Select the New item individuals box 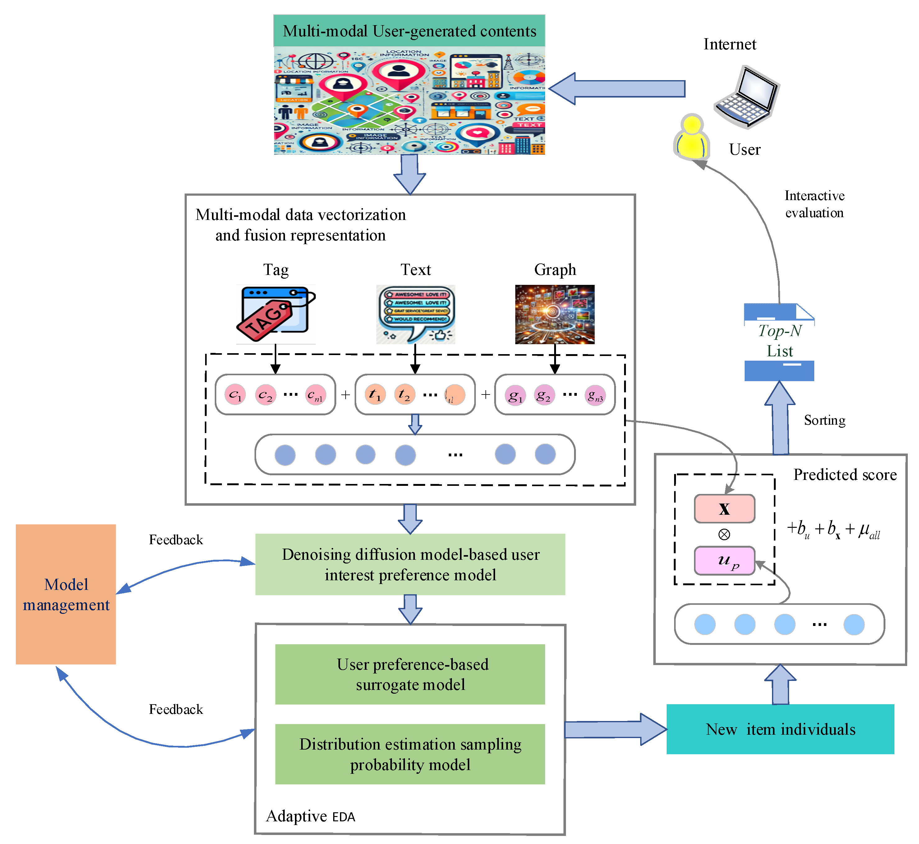click(780, 729)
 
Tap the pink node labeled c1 click(235, 395)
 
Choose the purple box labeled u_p click(724, 561)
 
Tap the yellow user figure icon click(692, 138)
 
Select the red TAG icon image click(276, 314)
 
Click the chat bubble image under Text click(416, 314)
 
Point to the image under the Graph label click(555, 314)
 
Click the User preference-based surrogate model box click(410, 674)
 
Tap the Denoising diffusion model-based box click(410, 564)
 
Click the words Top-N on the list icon click(780, 331)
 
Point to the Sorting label click(825, 420)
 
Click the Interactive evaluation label click(814, 204)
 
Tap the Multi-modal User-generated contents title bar click(409, 31)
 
